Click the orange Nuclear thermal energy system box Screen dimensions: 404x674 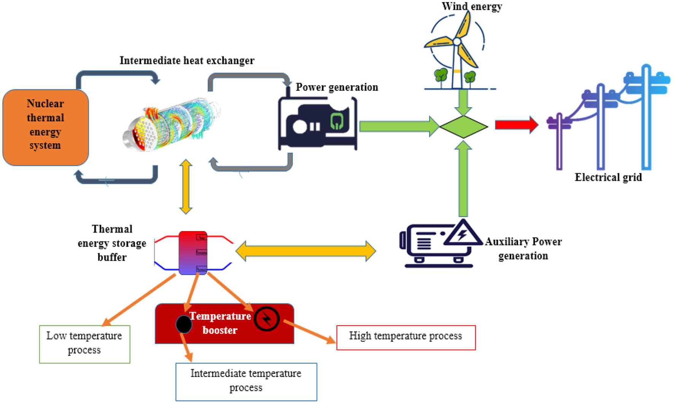tap(46, 127)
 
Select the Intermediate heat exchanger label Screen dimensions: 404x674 tap(187, 61)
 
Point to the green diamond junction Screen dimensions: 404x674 tap(463, 127)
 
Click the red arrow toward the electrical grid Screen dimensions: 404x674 tap(516, 125)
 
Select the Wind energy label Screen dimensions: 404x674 tap(472, 6)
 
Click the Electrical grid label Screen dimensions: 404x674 tap(608, 177)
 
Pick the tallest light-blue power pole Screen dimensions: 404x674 tap(646, 118)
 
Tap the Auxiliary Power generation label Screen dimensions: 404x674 tap(523, 249)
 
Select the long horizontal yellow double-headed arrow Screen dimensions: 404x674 tap(305, 251)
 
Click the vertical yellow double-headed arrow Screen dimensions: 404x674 tap(186, 187)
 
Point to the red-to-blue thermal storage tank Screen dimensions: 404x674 tap(193, 253)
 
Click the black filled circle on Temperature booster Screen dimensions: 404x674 tap(184, 324)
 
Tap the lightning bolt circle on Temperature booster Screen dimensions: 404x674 tap(267, 319)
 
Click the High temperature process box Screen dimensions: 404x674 tap(406, 337)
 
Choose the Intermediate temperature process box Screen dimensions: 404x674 tap(246, 381)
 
